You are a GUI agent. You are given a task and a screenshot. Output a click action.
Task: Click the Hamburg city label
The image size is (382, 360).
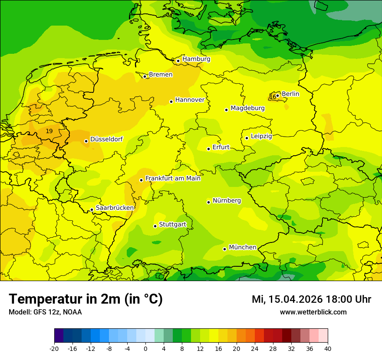click(196, 59)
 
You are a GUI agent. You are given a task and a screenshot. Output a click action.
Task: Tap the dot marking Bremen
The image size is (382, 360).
click(145, 76)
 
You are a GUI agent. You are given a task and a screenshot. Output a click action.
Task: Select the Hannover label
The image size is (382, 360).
click(190, 100)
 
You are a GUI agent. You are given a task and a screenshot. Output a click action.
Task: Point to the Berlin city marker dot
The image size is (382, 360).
click(278, 96)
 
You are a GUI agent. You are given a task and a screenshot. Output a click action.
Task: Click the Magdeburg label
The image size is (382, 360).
click(247, 108)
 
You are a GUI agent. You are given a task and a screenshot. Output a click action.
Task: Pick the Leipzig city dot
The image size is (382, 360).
click(247, 138)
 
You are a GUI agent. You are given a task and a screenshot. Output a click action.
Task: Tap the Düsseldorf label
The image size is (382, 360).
click(106, 139)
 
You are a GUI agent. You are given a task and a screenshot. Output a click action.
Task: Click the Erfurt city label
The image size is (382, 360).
click(221, 147)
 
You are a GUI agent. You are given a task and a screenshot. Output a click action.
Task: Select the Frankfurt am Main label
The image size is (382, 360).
click(173, 178)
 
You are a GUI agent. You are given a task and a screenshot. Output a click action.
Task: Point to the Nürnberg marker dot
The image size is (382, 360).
click(209, 202)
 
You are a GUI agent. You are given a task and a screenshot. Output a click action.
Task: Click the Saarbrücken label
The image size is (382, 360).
click(115, 208)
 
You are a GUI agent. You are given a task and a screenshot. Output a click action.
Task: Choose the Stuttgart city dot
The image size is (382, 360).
click(155, 226)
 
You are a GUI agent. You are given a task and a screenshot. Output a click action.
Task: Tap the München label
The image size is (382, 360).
click(243, 247)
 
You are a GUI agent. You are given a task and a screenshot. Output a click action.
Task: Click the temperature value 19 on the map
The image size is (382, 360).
click(49, 131)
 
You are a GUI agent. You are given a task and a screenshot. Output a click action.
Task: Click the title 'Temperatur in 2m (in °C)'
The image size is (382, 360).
click(86, 299)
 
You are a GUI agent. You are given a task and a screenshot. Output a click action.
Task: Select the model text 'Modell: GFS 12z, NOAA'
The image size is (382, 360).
click(45, 312)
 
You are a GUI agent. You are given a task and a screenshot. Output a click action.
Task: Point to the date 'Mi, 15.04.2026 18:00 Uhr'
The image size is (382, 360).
click(311, 299)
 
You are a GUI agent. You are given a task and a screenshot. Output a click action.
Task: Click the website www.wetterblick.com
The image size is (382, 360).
click(313, 312)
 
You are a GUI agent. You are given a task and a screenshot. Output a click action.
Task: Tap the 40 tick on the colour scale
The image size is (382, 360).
click(327, 348)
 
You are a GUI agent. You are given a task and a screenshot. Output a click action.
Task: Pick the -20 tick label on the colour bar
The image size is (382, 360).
click(54, 348)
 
